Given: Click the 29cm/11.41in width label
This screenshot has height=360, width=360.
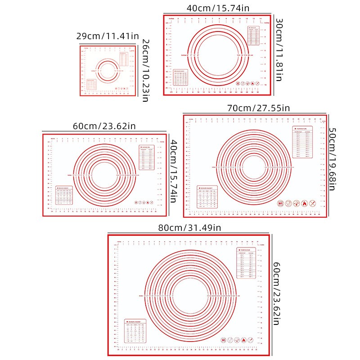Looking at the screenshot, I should tap(107, 36).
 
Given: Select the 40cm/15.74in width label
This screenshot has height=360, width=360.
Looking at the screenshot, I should tap(218, 8).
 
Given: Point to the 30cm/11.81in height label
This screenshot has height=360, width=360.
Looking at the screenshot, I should tap(279, 50).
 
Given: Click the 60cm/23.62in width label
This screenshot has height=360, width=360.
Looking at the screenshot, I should tap(104, 126).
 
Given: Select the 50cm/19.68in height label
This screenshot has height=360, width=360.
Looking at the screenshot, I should tap(333, 159).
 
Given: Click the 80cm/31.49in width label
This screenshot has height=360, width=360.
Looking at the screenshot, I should tap(189, 228).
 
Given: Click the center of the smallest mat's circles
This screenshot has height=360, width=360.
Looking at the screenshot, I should tap(107, 71).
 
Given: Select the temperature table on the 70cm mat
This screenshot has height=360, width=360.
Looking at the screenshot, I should tap(302, 142).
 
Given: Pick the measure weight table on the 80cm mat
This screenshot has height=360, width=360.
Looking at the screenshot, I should tap(135, 332).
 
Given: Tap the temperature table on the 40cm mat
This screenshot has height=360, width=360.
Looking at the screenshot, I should tap(254, 35).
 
